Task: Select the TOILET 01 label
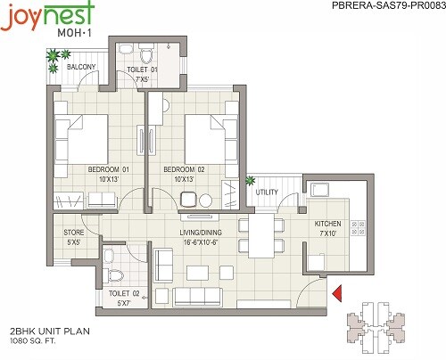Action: pos(142,70)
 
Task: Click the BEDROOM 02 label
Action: pos(184,168)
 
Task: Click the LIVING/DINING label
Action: pos(201,231)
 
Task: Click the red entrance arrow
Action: pos(337,293)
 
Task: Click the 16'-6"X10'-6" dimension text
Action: pos(201,241)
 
